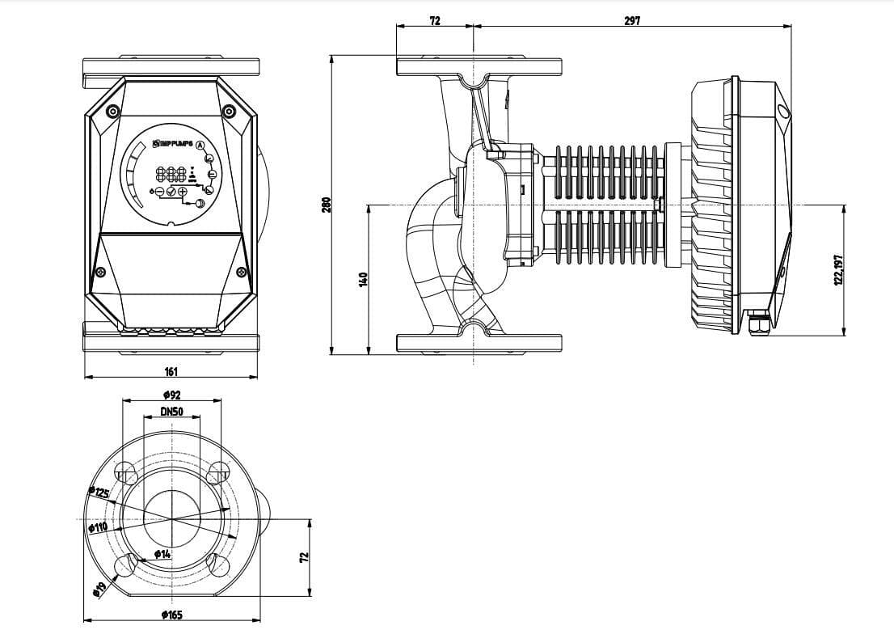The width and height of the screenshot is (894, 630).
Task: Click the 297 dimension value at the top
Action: click(632, 21)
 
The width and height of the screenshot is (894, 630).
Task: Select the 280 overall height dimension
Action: click(327, 205)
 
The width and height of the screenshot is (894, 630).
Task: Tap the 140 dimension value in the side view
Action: click(364, 279)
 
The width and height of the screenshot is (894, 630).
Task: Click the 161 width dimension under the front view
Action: click(171, 371)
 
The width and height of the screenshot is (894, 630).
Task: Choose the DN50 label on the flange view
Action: click(171, 412)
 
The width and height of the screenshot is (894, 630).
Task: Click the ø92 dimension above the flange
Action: click(171, 395)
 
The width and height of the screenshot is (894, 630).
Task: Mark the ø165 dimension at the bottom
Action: click(171, 615)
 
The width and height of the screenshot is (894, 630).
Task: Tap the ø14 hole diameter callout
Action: click(162, 554)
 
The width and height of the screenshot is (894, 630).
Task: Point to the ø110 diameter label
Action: click(98, 527)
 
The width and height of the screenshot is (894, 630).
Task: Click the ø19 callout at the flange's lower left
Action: click(100, 588)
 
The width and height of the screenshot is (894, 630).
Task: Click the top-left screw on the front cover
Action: click(113, 111)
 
